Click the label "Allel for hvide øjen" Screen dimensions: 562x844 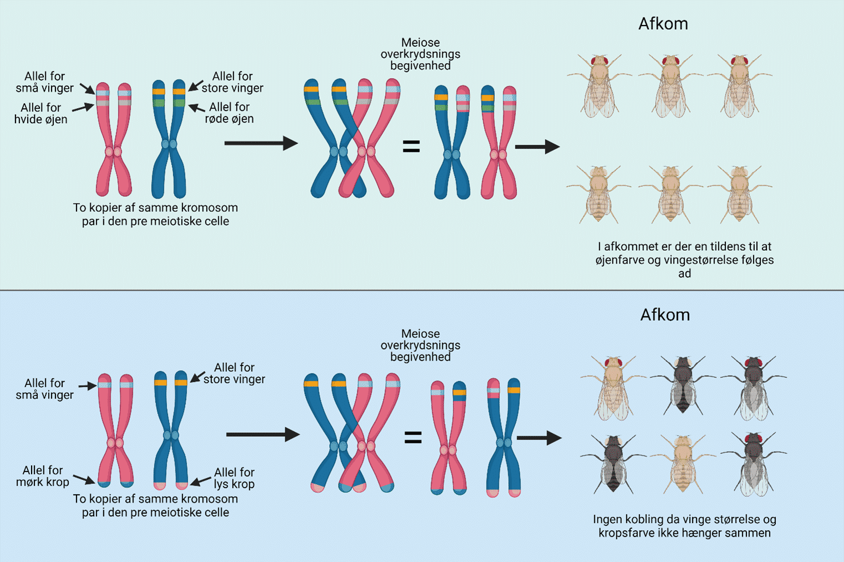click(40, 113)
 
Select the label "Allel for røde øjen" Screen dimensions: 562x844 click(229, 113)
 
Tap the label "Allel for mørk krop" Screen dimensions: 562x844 click(43, 476)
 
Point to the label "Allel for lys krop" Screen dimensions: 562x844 click(234, 478)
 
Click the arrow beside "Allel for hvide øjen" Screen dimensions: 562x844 click(83, 108)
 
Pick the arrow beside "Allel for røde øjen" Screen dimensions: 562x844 click(197, 108)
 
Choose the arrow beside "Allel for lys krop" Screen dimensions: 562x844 click(201, 480)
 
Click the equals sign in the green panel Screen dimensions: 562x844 click(411, 146)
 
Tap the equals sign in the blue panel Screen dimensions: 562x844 click(413, 438)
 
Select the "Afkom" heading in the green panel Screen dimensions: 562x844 click(663, 24)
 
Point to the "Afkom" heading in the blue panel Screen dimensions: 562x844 click(665, 315)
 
